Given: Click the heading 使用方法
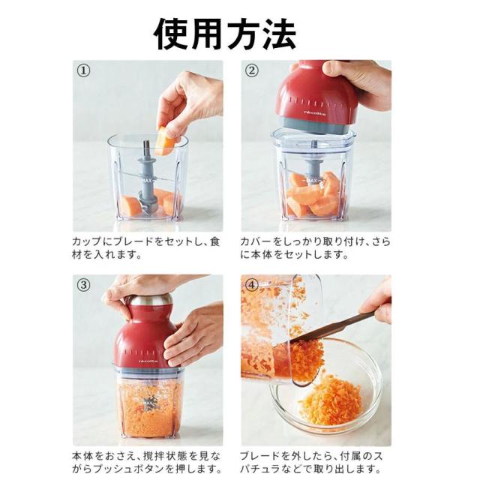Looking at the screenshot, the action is tap(225, 34).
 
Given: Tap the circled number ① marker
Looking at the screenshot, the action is tap(83, 70).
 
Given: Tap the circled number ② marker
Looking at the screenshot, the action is tap(252, 70).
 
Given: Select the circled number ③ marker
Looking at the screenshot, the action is tap(83, 285).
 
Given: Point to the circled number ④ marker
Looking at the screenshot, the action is tap(252, 285).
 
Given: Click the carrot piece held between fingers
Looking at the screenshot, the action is tap(165, 141).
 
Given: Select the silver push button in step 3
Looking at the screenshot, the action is tap(150, 299).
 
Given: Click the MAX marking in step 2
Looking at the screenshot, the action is tap(312, 181).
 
